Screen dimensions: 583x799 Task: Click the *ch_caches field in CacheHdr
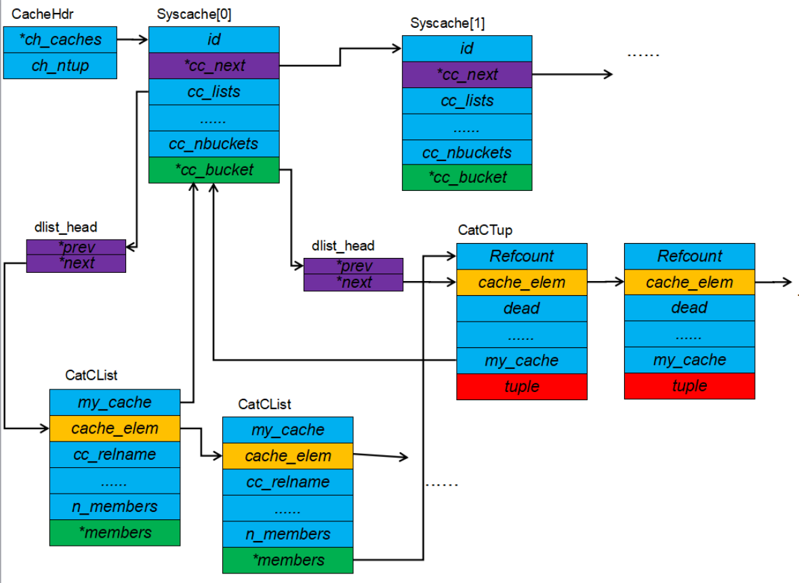(60, 39)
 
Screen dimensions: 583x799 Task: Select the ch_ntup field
(60, 66)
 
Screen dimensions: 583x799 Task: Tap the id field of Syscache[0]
(213, 39)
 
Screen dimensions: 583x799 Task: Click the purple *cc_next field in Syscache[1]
(467, 74)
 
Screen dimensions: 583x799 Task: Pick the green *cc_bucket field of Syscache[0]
(213, 170)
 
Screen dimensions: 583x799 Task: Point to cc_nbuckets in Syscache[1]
(467, 152)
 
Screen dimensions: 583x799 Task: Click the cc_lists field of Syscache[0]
(213, 91)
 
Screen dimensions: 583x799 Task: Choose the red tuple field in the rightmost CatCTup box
(689, 386)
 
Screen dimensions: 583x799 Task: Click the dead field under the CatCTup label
(521, 308)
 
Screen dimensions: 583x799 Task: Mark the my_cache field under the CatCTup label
(521, 360)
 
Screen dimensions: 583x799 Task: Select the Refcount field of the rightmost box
(689, 256)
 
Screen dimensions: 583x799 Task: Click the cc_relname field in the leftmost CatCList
(115, 454)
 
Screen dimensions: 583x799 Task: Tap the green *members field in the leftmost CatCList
(115, 533)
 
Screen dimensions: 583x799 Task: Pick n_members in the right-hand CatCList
(287, 534)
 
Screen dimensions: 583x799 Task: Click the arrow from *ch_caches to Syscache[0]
(133, 40)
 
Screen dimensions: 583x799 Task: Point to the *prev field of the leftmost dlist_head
(76, 247)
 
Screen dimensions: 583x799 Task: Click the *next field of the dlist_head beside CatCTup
(353, 282)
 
